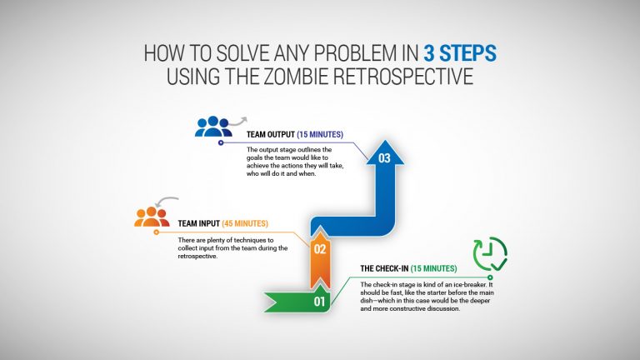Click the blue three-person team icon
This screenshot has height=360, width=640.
pyautogui.click(x=212, y=126)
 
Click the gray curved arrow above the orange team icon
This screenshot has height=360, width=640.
pyautogui.click(x=169, y=201)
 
